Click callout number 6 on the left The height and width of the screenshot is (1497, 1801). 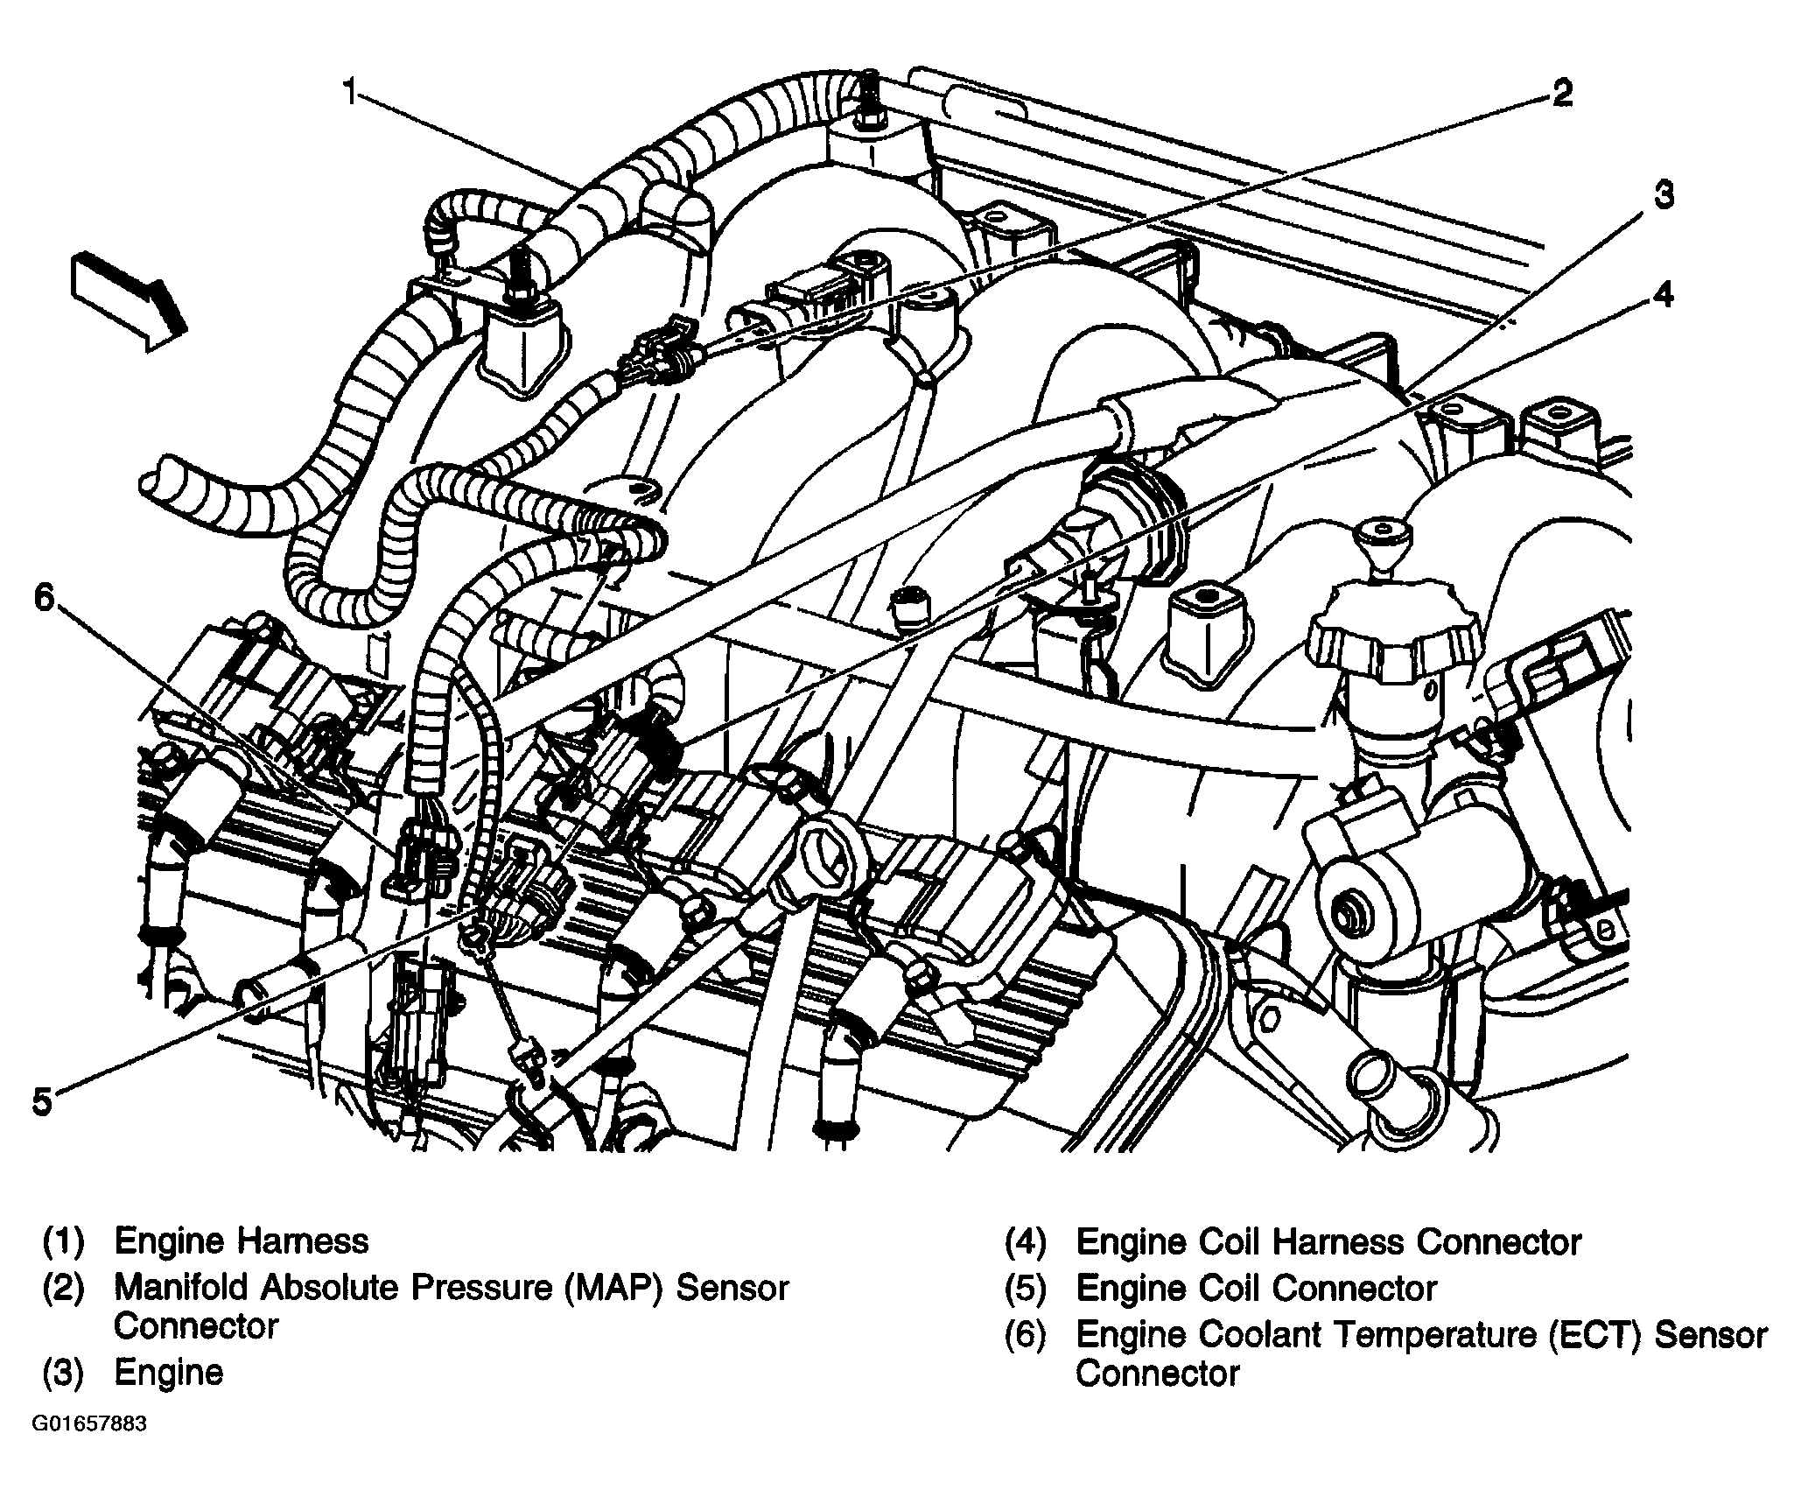click(44, 598)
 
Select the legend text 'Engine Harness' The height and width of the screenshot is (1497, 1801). click(242, 1241)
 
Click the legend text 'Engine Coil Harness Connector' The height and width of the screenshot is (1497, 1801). click(1328, 1242)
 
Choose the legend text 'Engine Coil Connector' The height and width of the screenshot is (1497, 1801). click(1256, 1288)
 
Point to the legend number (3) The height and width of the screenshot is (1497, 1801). click(63, 1372)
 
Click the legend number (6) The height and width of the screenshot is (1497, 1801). click(1025, 1334)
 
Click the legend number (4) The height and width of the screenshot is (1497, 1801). click(1025, 1242)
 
